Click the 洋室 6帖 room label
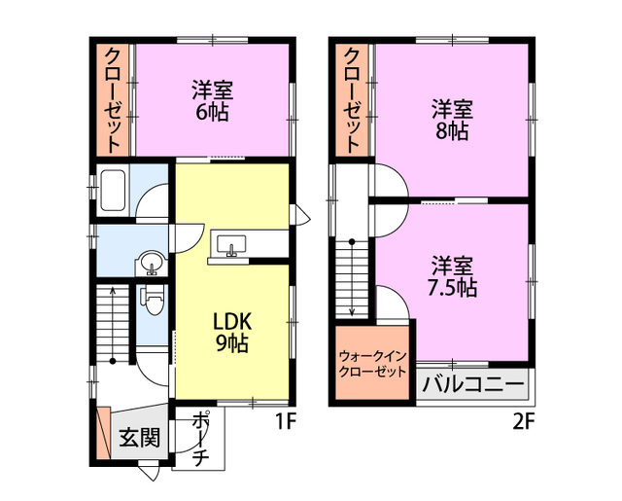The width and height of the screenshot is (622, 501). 212,101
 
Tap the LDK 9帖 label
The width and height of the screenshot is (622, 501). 232,333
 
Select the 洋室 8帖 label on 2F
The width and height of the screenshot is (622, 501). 452,120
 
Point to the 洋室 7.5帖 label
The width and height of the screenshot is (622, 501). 452,276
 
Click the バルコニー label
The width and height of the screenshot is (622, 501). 473,384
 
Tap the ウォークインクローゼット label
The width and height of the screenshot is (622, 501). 373,364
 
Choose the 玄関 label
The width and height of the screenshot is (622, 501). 140,438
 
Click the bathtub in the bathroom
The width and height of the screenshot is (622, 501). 114,190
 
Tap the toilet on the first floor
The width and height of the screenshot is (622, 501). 152,301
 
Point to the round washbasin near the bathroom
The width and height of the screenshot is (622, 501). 152,263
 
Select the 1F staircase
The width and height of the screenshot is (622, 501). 113,323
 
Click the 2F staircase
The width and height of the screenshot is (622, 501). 352,278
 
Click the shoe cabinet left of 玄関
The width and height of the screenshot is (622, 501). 104,434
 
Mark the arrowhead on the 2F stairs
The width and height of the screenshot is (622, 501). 352,313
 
